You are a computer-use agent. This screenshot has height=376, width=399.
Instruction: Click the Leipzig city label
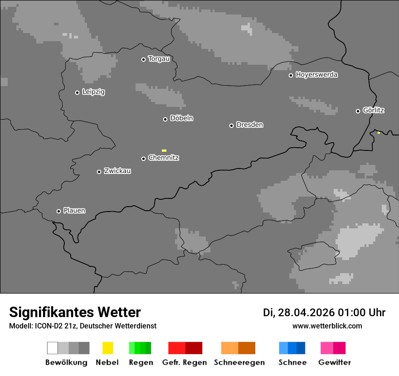pyautogui.click(x=93, y=92)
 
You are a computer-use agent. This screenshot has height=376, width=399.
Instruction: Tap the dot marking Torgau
pyautogui.click(x=143, y=59)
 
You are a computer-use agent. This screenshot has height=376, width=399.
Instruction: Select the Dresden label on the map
pyautogui.click(x=249, y=125)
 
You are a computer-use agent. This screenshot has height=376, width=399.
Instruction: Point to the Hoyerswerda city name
pyautogui.click(x=316, y=75)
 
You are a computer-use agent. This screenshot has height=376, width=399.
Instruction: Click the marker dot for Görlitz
pyautogui.click(x=358, y=111)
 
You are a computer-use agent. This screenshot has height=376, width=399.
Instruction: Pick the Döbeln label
pyautogui.click(x=181, y=118)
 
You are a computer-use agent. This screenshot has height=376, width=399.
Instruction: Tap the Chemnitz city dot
pyautogui.click(x=143, y=159)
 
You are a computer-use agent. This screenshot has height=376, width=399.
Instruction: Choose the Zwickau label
pyautogui.click(x=117, y=171)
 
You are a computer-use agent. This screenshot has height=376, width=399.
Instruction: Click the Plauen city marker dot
pyautogui.click(x=58, y=211)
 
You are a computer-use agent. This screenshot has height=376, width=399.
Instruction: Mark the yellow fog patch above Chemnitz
pyautogui.click(x=164, y=150)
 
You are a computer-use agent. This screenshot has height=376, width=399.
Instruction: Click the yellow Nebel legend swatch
pyautogui.click(x=107, y=348)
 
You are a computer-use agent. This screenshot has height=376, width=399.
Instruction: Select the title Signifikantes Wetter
pyautogui.click(x=75, y=312)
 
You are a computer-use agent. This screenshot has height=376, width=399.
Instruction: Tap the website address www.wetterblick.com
pyautogui.click(x=327, y=326)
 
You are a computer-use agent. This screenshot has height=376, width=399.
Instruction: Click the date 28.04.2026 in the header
pyautogui.click(x=305, y=313)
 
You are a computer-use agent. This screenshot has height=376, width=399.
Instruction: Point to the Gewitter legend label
pyautogui.click(x=335, y=362)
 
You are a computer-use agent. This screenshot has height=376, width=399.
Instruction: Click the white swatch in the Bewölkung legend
pyautogui.click(x=53, y=348)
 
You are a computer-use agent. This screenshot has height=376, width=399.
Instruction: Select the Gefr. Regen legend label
pyautogui.click(x=185, y=362)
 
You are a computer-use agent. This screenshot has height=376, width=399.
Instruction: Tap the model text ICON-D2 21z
pyautogui.click(x=54, y=326)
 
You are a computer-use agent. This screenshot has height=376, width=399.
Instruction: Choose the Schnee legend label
pyautogui.click(x=292, y=362)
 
